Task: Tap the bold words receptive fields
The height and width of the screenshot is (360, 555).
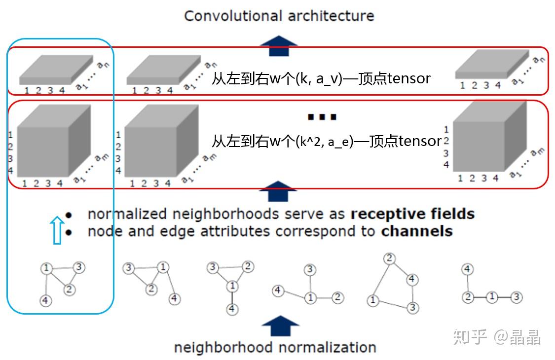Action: [x=412, y=214]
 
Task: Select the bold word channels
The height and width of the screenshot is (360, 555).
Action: [x=417, y=231]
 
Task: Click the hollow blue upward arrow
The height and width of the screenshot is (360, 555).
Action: [x=57, y=230]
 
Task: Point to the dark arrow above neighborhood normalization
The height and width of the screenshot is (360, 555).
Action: [x=280, y=326]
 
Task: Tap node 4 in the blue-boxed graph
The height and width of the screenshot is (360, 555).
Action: [x=45, y=300]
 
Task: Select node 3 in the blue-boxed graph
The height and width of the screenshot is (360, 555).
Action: [x=79, y=267]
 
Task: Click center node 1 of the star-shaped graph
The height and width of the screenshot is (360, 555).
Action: [x=310, y=298]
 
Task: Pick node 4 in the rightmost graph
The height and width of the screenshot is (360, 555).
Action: [x=468, y=269]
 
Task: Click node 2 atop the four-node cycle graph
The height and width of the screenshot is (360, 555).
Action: [x=389, y=258]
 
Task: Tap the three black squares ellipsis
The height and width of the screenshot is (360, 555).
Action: [x=322, y=117]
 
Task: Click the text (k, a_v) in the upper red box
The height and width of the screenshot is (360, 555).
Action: [x=319, y=78]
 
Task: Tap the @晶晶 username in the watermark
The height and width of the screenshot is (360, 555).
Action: [x=517, y=337]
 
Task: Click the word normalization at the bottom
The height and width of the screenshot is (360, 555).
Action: [x=326, y=347]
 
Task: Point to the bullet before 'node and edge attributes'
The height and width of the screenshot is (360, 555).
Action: [x=69, y=232]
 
